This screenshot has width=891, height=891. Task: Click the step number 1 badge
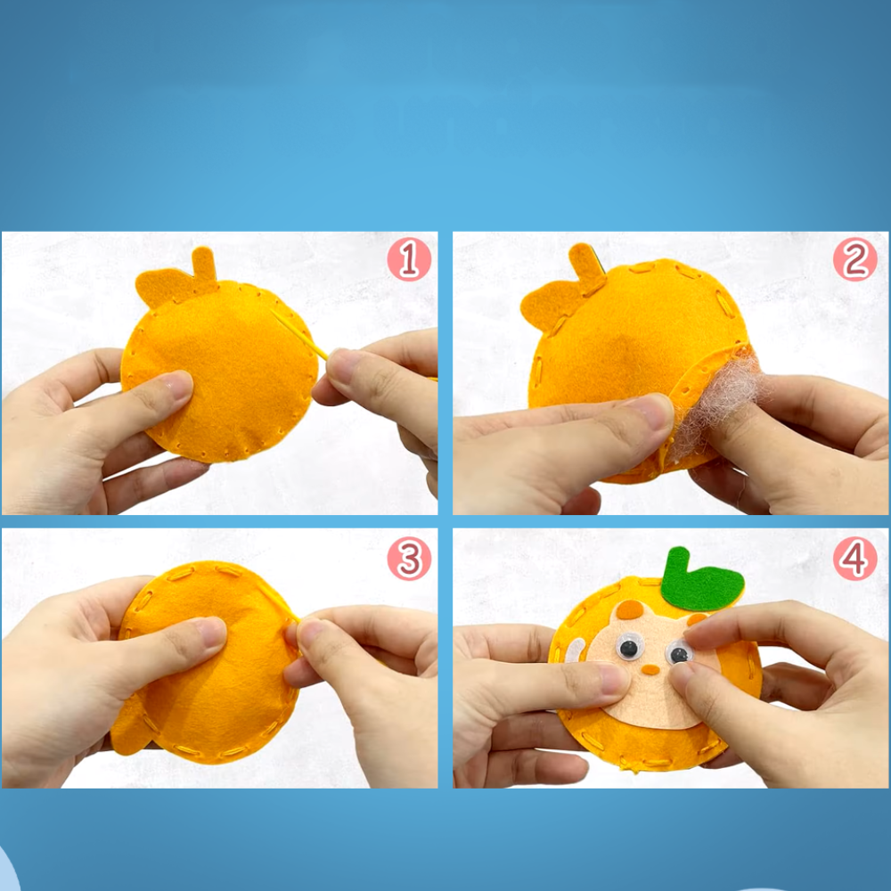coord(409,259)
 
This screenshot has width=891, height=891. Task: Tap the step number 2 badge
coord(855,259)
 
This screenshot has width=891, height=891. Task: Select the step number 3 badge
coord(409,558)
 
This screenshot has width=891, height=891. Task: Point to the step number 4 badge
coord(855,558)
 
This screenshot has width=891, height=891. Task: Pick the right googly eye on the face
coord(678,652)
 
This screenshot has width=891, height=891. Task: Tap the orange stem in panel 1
coord(204,265)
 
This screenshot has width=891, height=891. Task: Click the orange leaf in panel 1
coord(166,288)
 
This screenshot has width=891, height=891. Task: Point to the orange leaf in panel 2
coord(550,307)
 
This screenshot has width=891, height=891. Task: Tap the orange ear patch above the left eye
coord(630,609)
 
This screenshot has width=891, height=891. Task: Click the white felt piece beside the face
coord(575,650)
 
